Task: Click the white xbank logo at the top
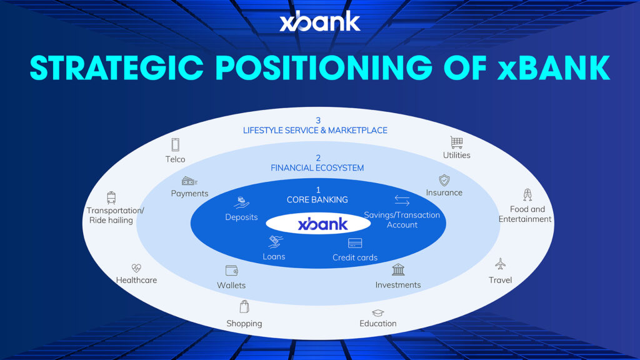tap(319, 22)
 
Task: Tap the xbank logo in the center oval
tap(323, 224)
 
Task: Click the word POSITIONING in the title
tap(324, 67)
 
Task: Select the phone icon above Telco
tap(175, 144)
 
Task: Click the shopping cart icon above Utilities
tap(456, 142)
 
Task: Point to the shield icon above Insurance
tap(444, 180)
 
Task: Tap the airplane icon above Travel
tap(501, 264)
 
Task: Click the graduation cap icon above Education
tap(378, 313)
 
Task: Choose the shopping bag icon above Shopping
tap(244, 306)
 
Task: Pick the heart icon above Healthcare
tap(136, 267)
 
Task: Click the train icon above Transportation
tap(111, 197)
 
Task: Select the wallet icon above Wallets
tap(231, 270)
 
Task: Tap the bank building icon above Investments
tap(398, 269)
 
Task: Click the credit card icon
tap(355, 243)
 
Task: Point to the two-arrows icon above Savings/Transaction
tap(402, 200)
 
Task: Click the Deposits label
tap(241, 217)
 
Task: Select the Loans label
tap(274, 257)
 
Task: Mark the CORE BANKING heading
tap(317, 199)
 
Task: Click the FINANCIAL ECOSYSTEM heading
tap(317, 167)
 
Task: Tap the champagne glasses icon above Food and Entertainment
tap(527, 195)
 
